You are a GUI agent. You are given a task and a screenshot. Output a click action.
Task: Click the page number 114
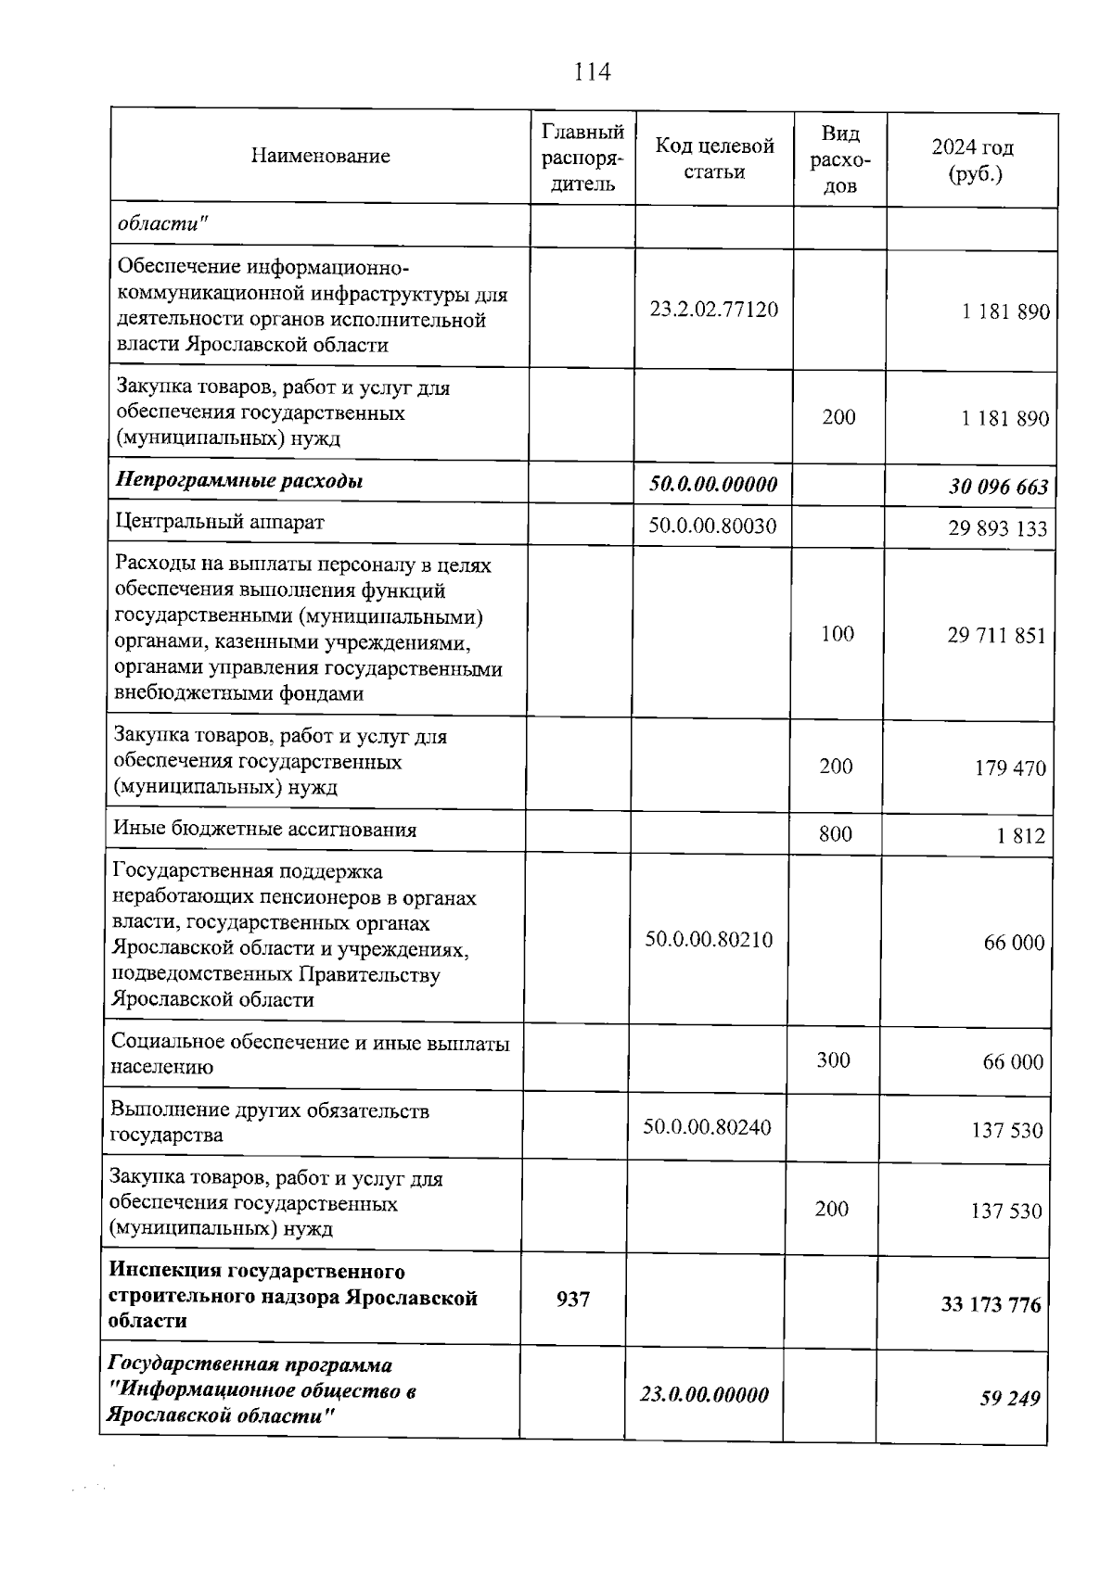coord(593,71)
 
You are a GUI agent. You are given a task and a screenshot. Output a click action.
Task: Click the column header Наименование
coord(320,156)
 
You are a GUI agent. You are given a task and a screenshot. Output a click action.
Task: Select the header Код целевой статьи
coord(714,159)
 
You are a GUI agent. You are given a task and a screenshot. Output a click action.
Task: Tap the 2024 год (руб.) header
coord(973,160)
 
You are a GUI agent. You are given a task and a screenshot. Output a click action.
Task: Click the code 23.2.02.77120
coord(713,310)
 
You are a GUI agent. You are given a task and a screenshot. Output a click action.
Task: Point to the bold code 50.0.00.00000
coord(712,484)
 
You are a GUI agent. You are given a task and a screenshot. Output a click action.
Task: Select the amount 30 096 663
coord(998,487)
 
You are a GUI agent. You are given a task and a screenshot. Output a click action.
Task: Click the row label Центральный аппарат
coord(219,522)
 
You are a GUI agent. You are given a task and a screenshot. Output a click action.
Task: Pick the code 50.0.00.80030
coord(711,526)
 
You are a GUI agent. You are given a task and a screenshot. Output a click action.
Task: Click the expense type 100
coord(837,633)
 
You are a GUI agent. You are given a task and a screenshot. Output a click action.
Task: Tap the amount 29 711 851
coord(996,636)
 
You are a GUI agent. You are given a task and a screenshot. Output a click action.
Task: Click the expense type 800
coord(835,833)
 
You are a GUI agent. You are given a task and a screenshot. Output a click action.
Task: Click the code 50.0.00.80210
coord(709,940)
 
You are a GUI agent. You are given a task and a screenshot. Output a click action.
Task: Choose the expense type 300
coord(833,1059)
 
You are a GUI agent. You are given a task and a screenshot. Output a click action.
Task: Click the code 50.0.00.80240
coord(707,1127)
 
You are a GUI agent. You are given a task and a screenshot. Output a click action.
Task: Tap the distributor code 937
coord(573,1300)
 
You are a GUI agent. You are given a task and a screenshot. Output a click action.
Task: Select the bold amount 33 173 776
coord(991,1305)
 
